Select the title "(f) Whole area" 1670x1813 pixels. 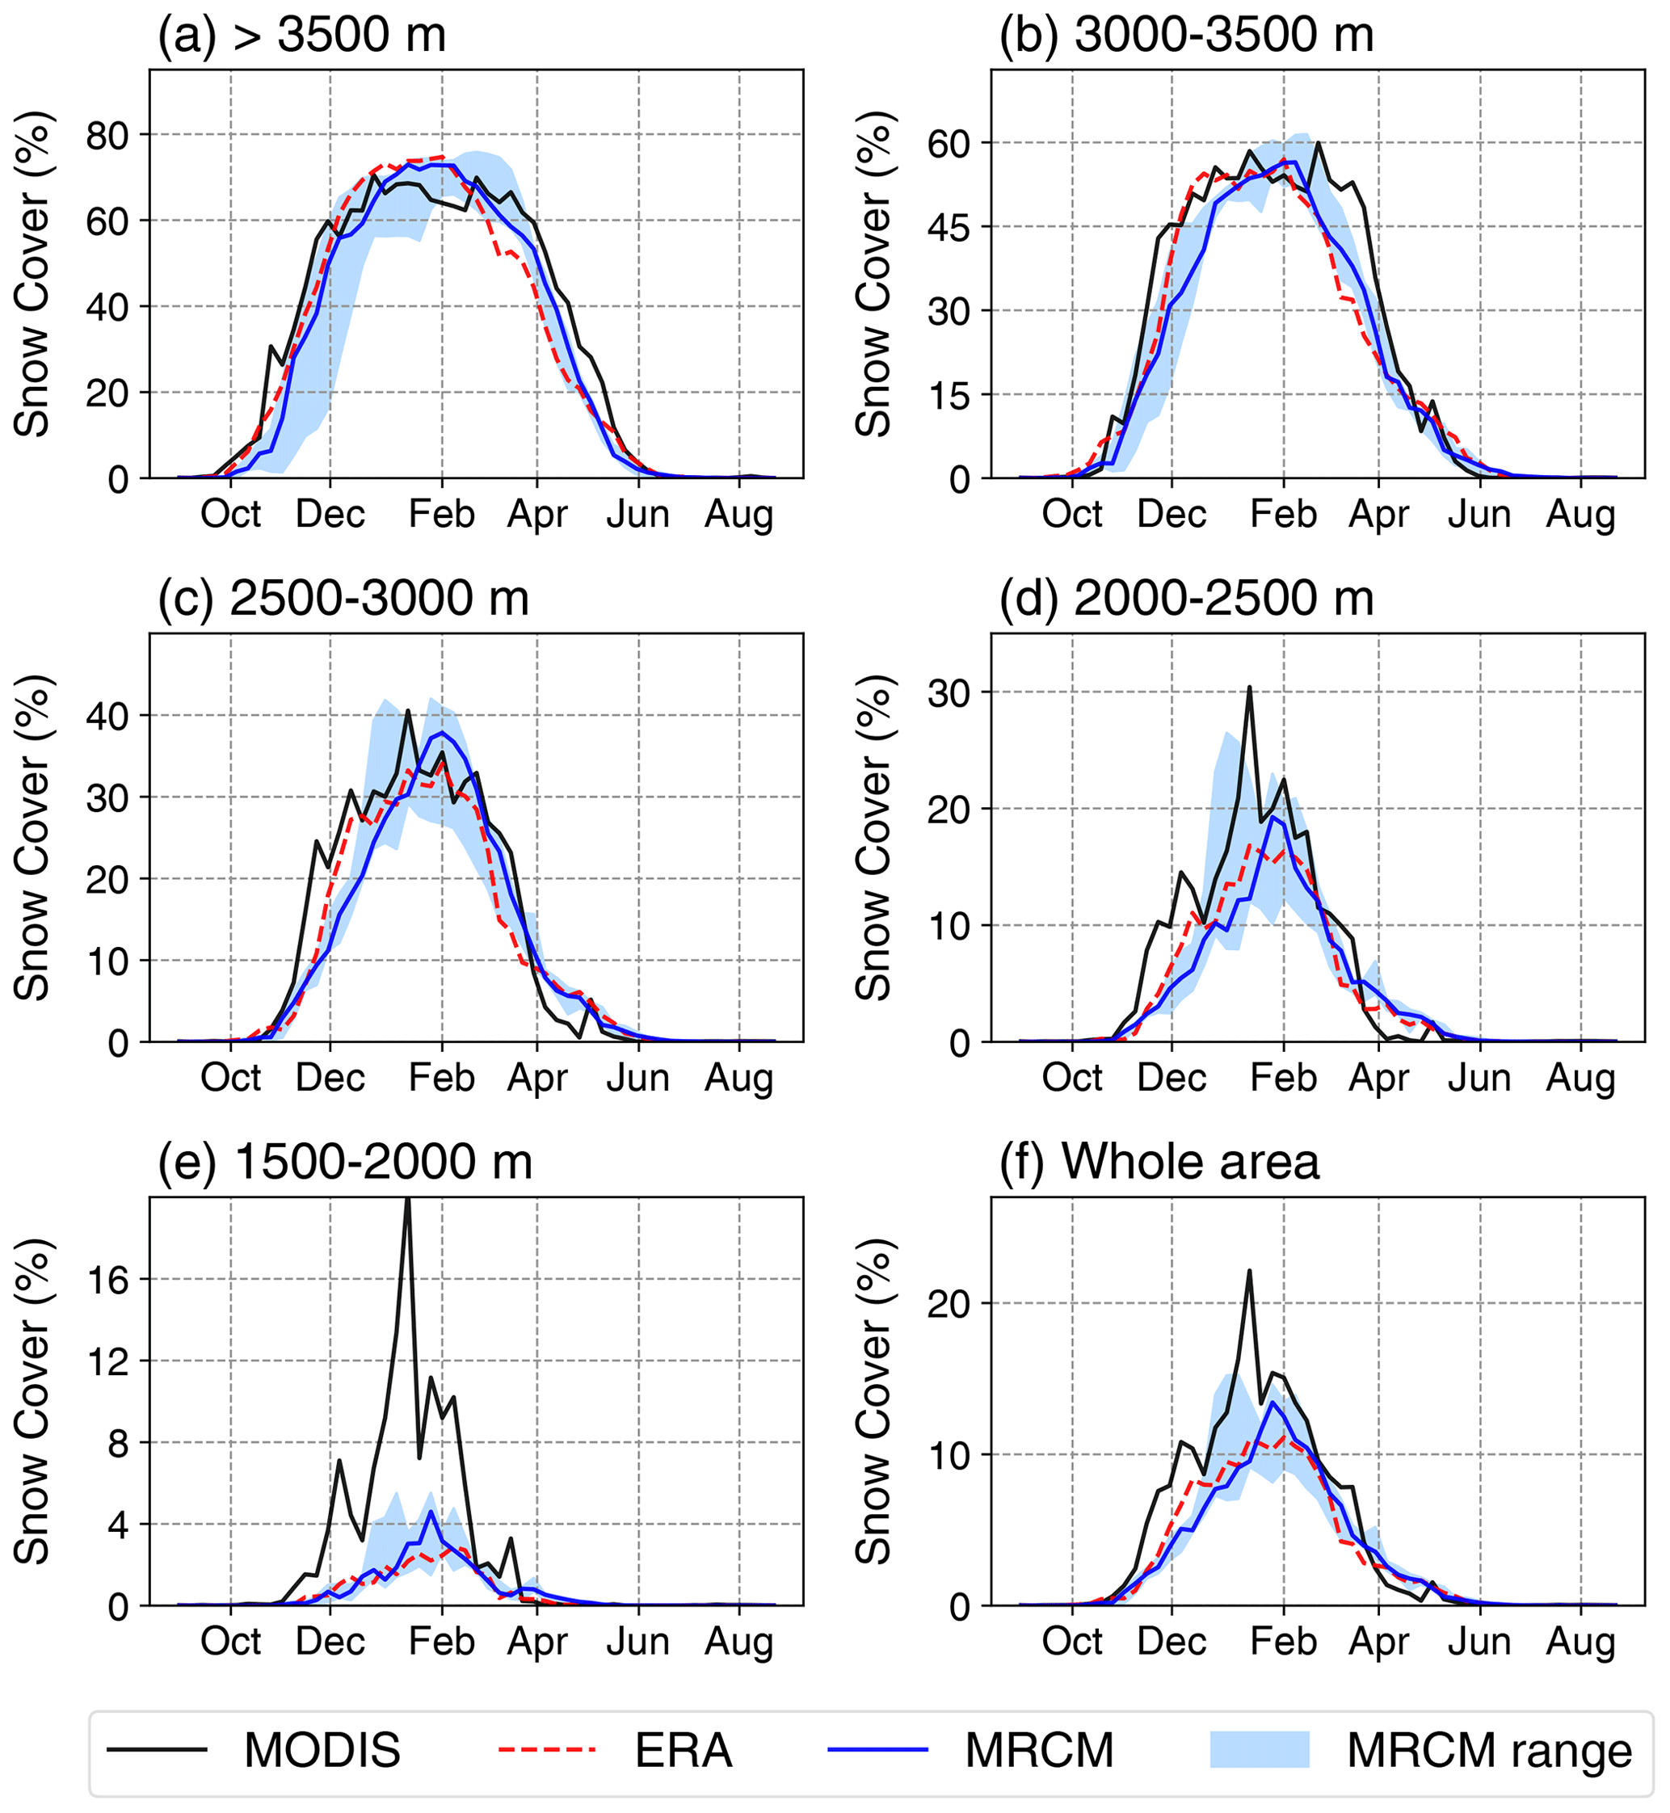coord(1159,1163)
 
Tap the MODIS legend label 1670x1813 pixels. coord(322,1751)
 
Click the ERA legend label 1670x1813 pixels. coord(684,1751)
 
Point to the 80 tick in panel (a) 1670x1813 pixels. coord(107,136)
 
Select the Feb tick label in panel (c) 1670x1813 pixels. coord(441,1079)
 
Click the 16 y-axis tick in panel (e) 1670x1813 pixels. coord(107,1281)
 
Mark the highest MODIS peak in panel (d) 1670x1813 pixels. coord(1250,688)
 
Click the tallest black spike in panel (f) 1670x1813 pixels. coord(1249,1272)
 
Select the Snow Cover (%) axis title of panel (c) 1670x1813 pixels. coord(32,838)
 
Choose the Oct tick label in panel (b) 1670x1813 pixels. coord(1072,515)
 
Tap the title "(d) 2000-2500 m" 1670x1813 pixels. coord(1187,599)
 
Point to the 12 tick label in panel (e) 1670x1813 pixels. coord(107,1362)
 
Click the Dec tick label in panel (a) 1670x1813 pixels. coord(330,515)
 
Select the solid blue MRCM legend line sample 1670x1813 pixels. coord(878,1750)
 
